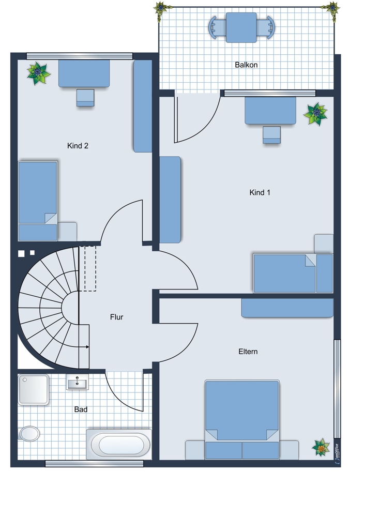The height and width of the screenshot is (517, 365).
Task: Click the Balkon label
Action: tap(246, 65)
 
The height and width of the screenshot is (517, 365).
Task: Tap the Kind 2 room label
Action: tap(78, 146)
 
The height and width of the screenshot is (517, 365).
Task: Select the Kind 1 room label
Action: tap(260, 192)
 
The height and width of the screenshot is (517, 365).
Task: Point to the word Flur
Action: tap(117, 317)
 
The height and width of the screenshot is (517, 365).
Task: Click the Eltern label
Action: tap(248, 352)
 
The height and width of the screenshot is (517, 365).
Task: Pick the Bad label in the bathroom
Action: tap(81, 409)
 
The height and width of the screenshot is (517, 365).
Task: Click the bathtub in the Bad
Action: tap(119, 444)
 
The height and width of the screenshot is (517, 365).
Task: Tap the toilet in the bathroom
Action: tap(29, 434)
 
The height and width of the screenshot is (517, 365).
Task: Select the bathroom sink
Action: tap(78, 382)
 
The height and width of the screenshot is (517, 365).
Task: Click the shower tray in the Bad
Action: tap(34, 389)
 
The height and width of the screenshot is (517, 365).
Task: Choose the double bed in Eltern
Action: tap(242, 419)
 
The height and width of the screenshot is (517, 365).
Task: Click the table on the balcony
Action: tap(241, 28)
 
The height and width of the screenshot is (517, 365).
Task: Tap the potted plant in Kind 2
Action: tap(39, 73)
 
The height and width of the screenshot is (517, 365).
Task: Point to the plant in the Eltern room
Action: tap(321, 447)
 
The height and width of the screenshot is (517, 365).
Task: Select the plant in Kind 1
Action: tap(315, 114)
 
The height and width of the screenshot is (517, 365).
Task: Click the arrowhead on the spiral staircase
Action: tap(87, 347)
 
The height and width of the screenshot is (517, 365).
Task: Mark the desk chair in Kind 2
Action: tap(85, 98)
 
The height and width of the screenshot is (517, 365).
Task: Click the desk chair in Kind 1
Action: tap(272, 135)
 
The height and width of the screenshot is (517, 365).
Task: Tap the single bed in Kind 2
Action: tap(38, 201)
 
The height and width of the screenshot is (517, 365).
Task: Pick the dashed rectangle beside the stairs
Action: tap(90, 268)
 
